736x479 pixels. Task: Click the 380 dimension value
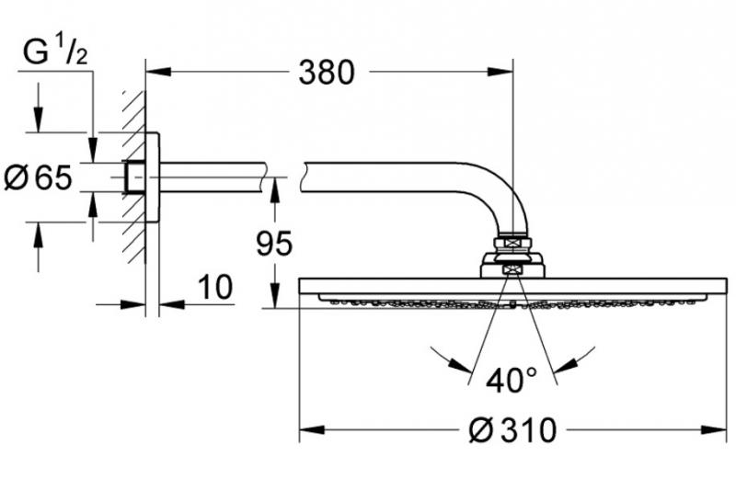point(327,72)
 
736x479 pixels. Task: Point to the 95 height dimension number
point(272,244)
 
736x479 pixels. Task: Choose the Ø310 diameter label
point(512,429)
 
